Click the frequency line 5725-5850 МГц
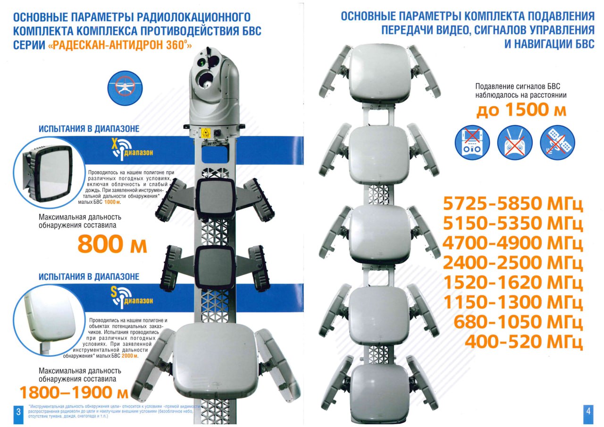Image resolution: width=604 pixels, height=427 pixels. [x=513, y=204]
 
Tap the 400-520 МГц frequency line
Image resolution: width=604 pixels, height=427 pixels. [x=524, y=342]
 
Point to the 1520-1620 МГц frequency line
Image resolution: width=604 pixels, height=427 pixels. [x=513, y=283]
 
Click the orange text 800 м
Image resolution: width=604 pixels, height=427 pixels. [x=112, y=243]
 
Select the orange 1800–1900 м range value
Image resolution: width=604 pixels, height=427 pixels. [x=74, y=393]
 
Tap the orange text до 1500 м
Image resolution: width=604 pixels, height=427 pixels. [x=521, y=110]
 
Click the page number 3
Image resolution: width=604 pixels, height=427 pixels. [x=18, y=411]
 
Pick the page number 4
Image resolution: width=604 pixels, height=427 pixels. [x=588, y=411]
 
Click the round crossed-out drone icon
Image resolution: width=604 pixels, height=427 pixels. [x=125, y=88]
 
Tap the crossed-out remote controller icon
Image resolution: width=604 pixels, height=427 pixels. [x=472, y=142]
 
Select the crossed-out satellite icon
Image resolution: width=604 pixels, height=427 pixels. [x=557, y=142]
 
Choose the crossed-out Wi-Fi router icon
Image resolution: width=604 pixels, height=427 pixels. [x=515, y=142]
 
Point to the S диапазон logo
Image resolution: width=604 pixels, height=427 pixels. [x=131, y=298]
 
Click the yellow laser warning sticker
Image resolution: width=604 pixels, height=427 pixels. [x=206, y=133]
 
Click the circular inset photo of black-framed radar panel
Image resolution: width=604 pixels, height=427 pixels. [x=49, y=173]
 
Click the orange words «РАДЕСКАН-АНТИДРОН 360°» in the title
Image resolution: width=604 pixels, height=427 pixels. [x=120, y=45]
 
